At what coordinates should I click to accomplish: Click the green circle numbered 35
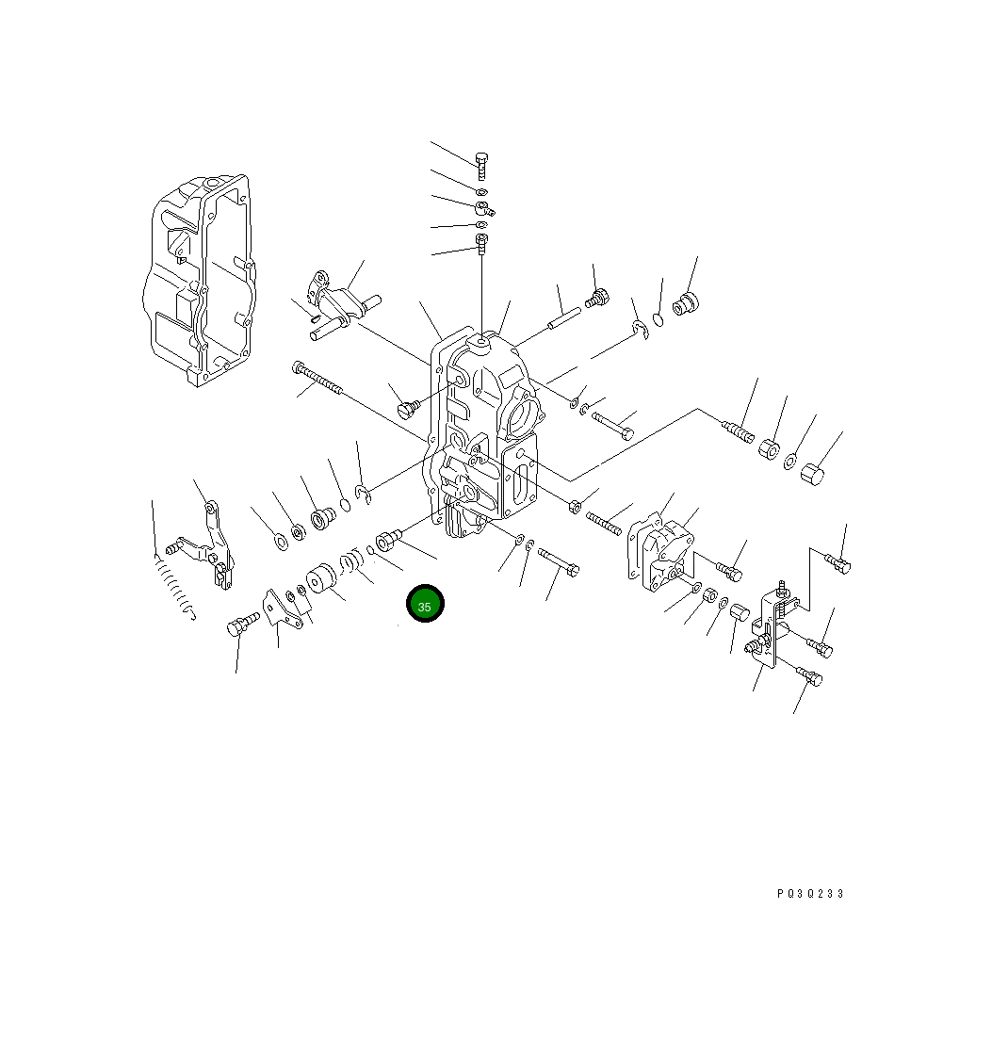[x=425, y=606]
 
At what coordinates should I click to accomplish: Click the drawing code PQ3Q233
[x=810, y=894]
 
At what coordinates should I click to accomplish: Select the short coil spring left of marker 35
[x=352, y=562]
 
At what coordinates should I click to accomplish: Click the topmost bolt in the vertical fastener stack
[x=481, y=164]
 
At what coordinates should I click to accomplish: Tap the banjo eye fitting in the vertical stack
[x=483, y=208]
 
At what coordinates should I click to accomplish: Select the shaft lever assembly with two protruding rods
[x=337, y=306]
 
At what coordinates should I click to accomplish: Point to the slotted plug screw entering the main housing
[x=407, y=409]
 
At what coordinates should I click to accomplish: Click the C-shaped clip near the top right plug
[x=641, y=329]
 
